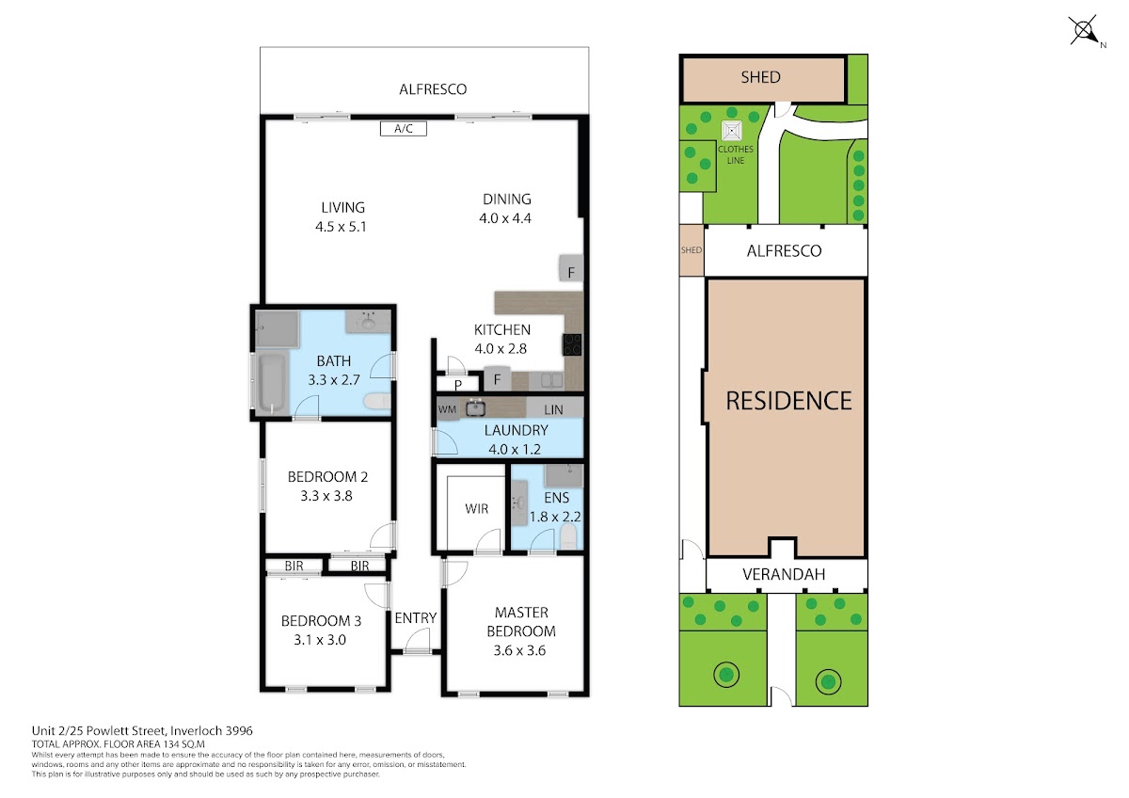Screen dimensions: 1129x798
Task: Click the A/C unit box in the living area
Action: pyautogui.click(x=404, y=129)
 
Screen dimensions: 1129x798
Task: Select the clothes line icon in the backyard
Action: pyautogui.click(x=731, y=131)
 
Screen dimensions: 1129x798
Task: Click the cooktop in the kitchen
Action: pyautogui.click(x=572, y=344)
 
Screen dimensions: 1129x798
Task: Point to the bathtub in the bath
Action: pyautogui.click(x=272, y=383)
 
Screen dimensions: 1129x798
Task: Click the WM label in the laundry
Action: pyautogui.click(x=447, y=409)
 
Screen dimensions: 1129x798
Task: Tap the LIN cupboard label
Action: pyautogui.click(x=553, y=410)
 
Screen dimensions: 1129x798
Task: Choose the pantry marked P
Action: pyautogui.click(x=457, y=384)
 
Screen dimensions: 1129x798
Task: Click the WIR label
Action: pyautogui.click(x=476, y=509)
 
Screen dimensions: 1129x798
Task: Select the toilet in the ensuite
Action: pyautogui.click(x=568, y=536)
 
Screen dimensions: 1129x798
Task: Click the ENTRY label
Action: pyautogui.click(x=415, y=618)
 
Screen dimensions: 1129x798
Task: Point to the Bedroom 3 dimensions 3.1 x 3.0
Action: pyautogui.click(x=320, y=640)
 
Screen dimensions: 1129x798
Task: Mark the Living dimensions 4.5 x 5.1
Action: pyautogui.click(x=341, y=227)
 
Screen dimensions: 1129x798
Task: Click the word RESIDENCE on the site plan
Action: pyautogui.click(x=788, y=401)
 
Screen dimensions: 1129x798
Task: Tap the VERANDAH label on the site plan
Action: pyautogui.click(x=784, y=574)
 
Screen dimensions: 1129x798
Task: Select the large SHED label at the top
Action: pyautogui.click(x=760, y=77)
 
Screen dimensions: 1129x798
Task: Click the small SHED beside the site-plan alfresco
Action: pyautogui.click(x=692, y=250)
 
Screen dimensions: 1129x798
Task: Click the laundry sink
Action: pyautogui.click(x=475, y=407)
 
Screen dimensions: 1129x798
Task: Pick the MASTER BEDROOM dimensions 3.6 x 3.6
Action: pyautogui.click(x=519, y=650)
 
